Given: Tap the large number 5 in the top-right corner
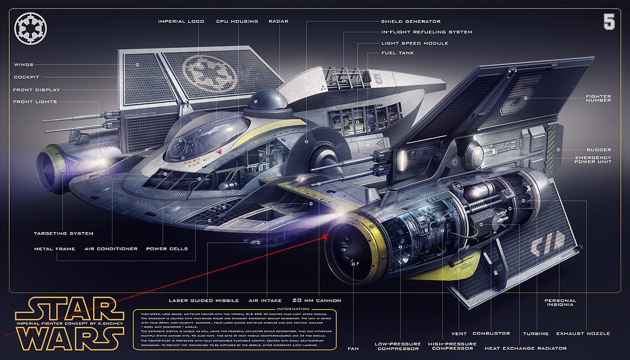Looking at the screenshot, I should pos(609,22).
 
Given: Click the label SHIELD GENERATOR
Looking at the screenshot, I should pos(410,22).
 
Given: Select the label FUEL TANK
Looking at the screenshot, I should pos(397,53).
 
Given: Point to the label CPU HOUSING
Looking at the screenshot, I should pos(237,22).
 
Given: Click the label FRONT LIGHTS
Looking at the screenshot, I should pos(35,102).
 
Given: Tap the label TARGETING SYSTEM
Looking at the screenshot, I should pos(63,234).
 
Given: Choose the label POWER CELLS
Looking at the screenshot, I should pos(167,249).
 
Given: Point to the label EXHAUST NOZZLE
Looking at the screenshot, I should pos(583,333).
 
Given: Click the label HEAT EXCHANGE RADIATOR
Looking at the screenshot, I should pos(525,348).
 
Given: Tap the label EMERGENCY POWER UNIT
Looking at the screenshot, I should pos(593,159).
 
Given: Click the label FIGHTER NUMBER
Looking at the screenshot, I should pos(598,98).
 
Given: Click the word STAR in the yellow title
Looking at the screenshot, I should pos(69,308).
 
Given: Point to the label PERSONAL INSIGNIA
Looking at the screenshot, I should pos(560,302).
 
